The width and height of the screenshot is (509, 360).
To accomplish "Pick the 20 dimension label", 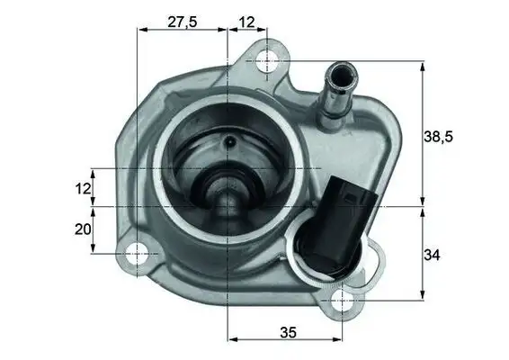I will pyautogui.click(x=83, y=230).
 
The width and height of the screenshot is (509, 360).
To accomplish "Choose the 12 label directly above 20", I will pyautogui.click(x=83, y=188).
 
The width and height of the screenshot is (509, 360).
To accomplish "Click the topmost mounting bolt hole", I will pyautogui.click(x=267, y=61).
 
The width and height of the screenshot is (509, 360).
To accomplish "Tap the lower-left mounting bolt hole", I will pyautogui.click(x=137, y=255).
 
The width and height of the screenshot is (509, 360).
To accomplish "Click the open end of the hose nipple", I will pyautogui.click(x=342, y=69).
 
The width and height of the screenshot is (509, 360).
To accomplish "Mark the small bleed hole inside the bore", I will pyautogui.click(x=230, y=141).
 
